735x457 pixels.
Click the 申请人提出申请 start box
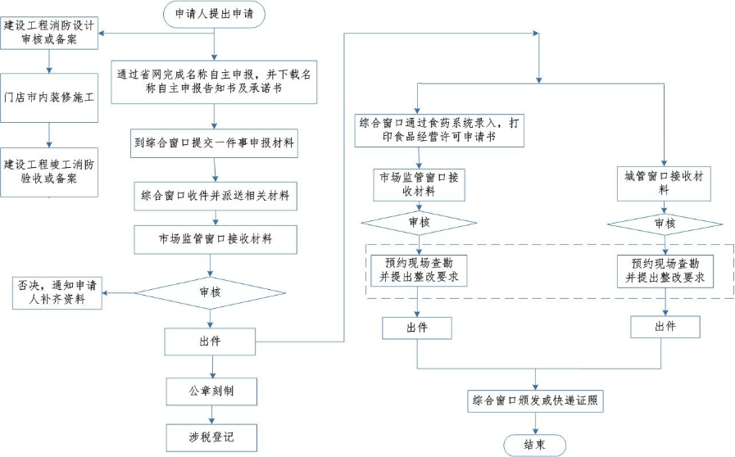click(214, 14)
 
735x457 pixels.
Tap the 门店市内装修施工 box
click(51, 97)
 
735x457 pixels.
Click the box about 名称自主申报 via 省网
click(214, 82)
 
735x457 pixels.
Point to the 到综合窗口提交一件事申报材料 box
click(215, 144)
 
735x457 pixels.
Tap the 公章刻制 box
click(211, 391)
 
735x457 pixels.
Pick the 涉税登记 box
click(211, 437)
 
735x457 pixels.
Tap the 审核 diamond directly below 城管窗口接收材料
click(664, 223)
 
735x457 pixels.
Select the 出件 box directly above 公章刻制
click(211, 340)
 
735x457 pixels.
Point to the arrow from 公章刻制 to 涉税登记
click(211, 414)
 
